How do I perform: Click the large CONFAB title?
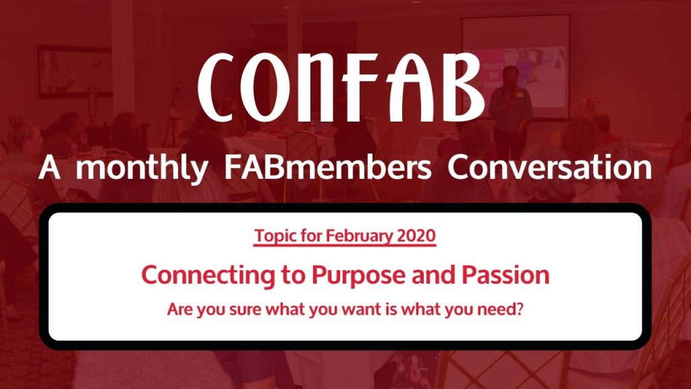pos(341,87)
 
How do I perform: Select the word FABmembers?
pos(328,167)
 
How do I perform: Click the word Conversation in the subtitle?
pos(549,167)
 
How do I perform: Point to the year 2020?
pos(416,236)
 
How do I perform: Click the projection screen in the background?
pos(515,67)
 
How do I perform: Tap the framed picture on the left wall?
pos(74,71)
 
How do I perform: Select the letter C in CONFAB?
pos(216,87)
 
